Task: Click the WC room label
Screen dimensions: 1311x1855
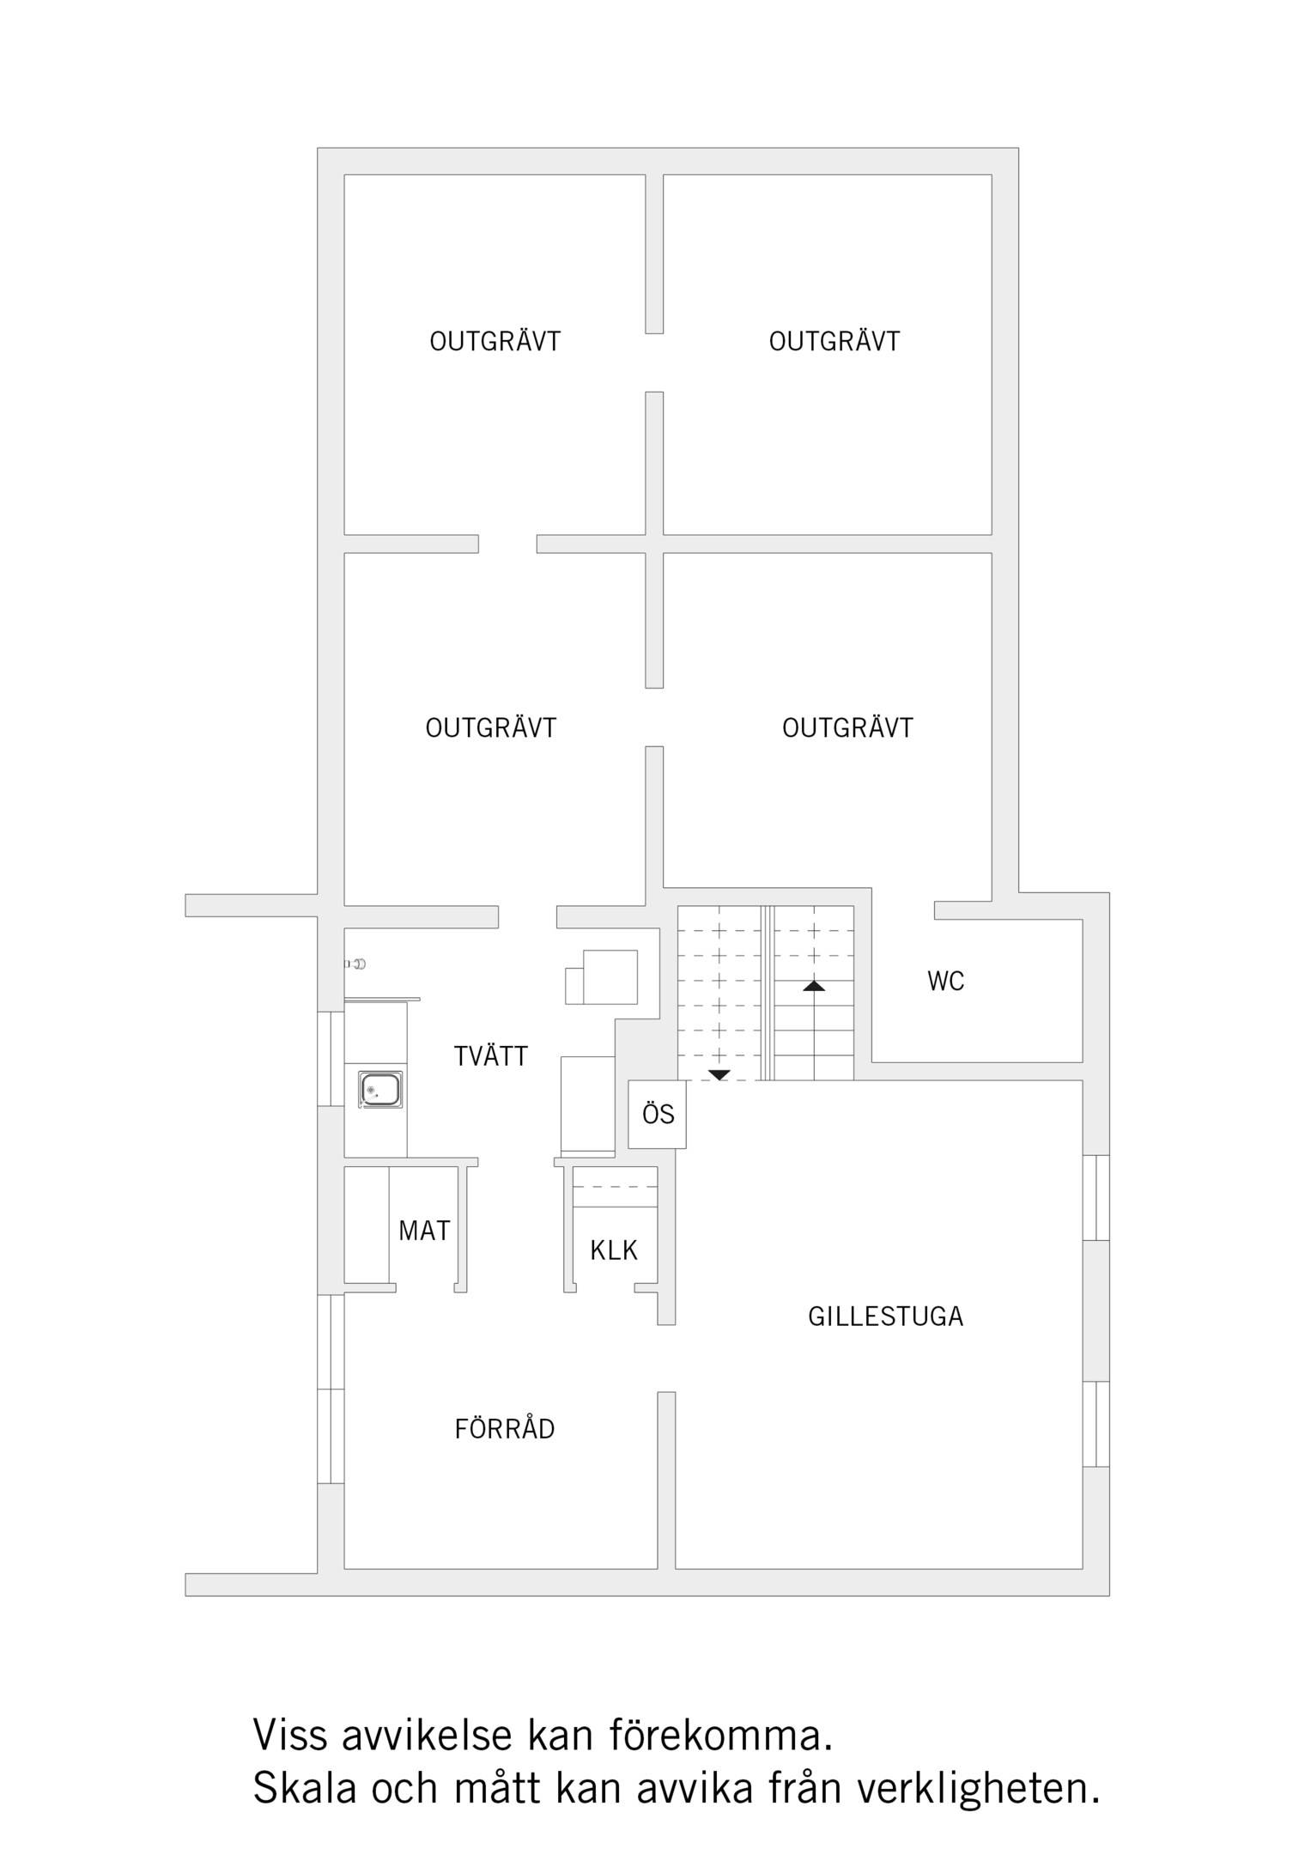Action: click(x=945, y=981)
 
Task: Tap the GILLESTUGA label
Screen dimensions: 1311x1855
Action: click(x=885, y=1317)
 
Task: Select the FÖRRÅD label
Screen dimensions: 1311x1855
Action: click(x=505, y=1429)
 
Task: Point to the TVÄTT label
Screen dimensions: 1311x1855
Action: click(x=490, y=1055)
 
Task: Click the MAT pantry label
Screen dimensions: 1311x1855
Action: click(x=424, y=1231)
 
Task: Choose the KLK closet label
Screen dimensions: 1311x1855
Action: click(x=614, y=1250)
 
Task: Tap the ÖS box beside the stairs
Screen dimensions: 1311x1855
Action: click(x=658, y=1114)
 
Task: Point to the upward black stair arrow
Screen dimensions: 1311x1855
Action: click(x=814, y=986)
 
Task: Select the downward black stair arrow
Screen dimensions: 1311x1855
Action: click(x=719, y=1075)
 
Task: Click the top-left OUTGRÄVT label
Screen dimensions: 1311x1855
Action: click(x=495, y=342)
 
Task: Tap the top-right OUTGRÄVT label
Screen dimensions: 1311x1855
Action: click(x=834, y=342)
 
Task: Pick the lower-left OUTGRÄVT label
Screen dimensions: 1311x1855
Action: click(x=491, y=728)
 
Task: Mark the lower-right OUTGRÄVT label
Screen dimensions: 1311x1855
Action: click(x=847, y=728)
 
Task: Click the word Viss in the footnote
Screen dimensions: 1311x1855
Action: click(x=290, y=1735)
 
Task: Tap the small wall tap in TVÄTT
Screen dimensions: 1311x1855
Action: click(x=355, y=964)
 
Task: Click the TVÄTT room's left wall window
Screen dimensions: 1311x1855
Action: click(x=331, y=1059)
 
